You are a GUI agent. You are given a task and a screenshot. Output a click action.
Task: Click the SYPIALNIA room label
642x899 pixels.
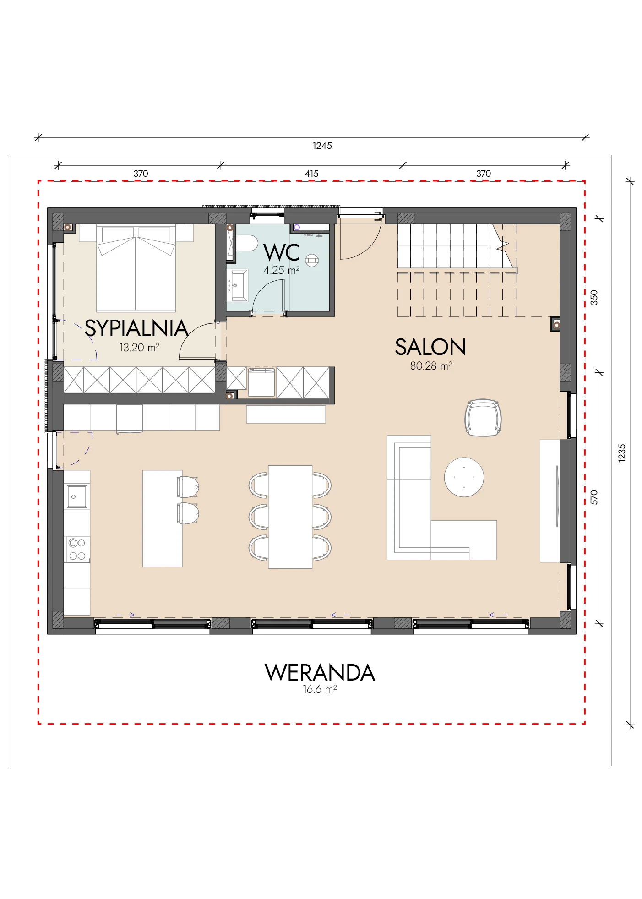[136, 328]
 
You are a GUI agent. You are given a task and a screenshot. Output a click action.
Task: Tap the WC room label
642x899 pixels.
[282, 252]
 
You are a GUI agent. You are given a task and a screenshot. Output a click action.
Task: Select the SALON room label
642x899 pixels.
[430, 347]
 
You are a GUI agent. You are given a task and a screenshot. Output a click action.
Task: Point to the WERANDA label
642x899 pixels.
[320, 673]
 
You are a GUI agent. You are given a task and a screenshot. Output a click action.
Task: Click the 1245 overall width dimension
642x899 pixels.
[322, 146]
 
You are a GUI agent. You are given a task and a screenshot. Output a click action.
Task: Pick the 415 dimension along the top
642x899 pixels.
[312, 174]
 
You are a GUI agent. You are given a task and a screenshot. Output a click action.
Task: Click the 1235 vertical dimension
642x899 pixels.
[622, 453]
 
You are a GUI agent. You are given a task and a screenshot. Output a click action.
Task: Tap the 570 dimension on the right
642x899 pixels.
[594, 497]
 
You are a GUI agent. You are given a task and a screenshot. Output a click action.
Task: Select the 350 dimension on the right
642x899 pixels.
[594, 298]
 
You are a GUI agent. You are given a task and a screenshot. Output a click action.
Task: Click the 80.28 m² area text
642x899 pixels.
[431, 366]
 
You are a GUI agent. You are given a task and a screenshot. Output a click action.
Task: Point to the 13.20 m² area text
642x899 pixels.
[139, 348]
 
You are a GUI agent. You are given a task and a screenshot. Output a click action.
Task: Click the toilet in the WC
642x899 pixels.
[246, 243]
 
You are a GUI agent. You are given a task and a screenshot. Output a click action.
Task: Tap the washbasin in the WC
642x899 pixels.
[237, 286]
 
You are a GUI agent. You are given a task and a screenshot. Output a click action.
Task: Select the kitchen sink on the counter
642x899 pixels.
[77, 496]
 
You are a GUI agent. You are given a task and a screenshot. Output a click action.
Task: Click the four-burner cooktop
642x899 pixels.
[77, 550]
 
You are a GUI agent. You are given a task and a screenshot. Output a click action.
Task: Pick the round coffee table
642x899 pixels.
[464, 477]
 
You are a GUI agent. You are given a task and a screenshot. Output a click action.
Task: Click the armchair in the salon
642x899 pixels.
[483, 418]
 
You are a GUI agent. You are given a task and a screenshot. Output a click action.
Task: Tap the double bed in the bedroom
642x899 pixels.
[136, 268]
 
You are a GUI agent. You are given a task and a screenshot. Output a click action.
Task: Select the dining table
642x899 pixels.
[290, 517]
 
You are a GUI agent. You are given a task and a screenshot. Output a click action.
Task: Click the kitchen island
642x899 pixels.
[163, 519]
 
